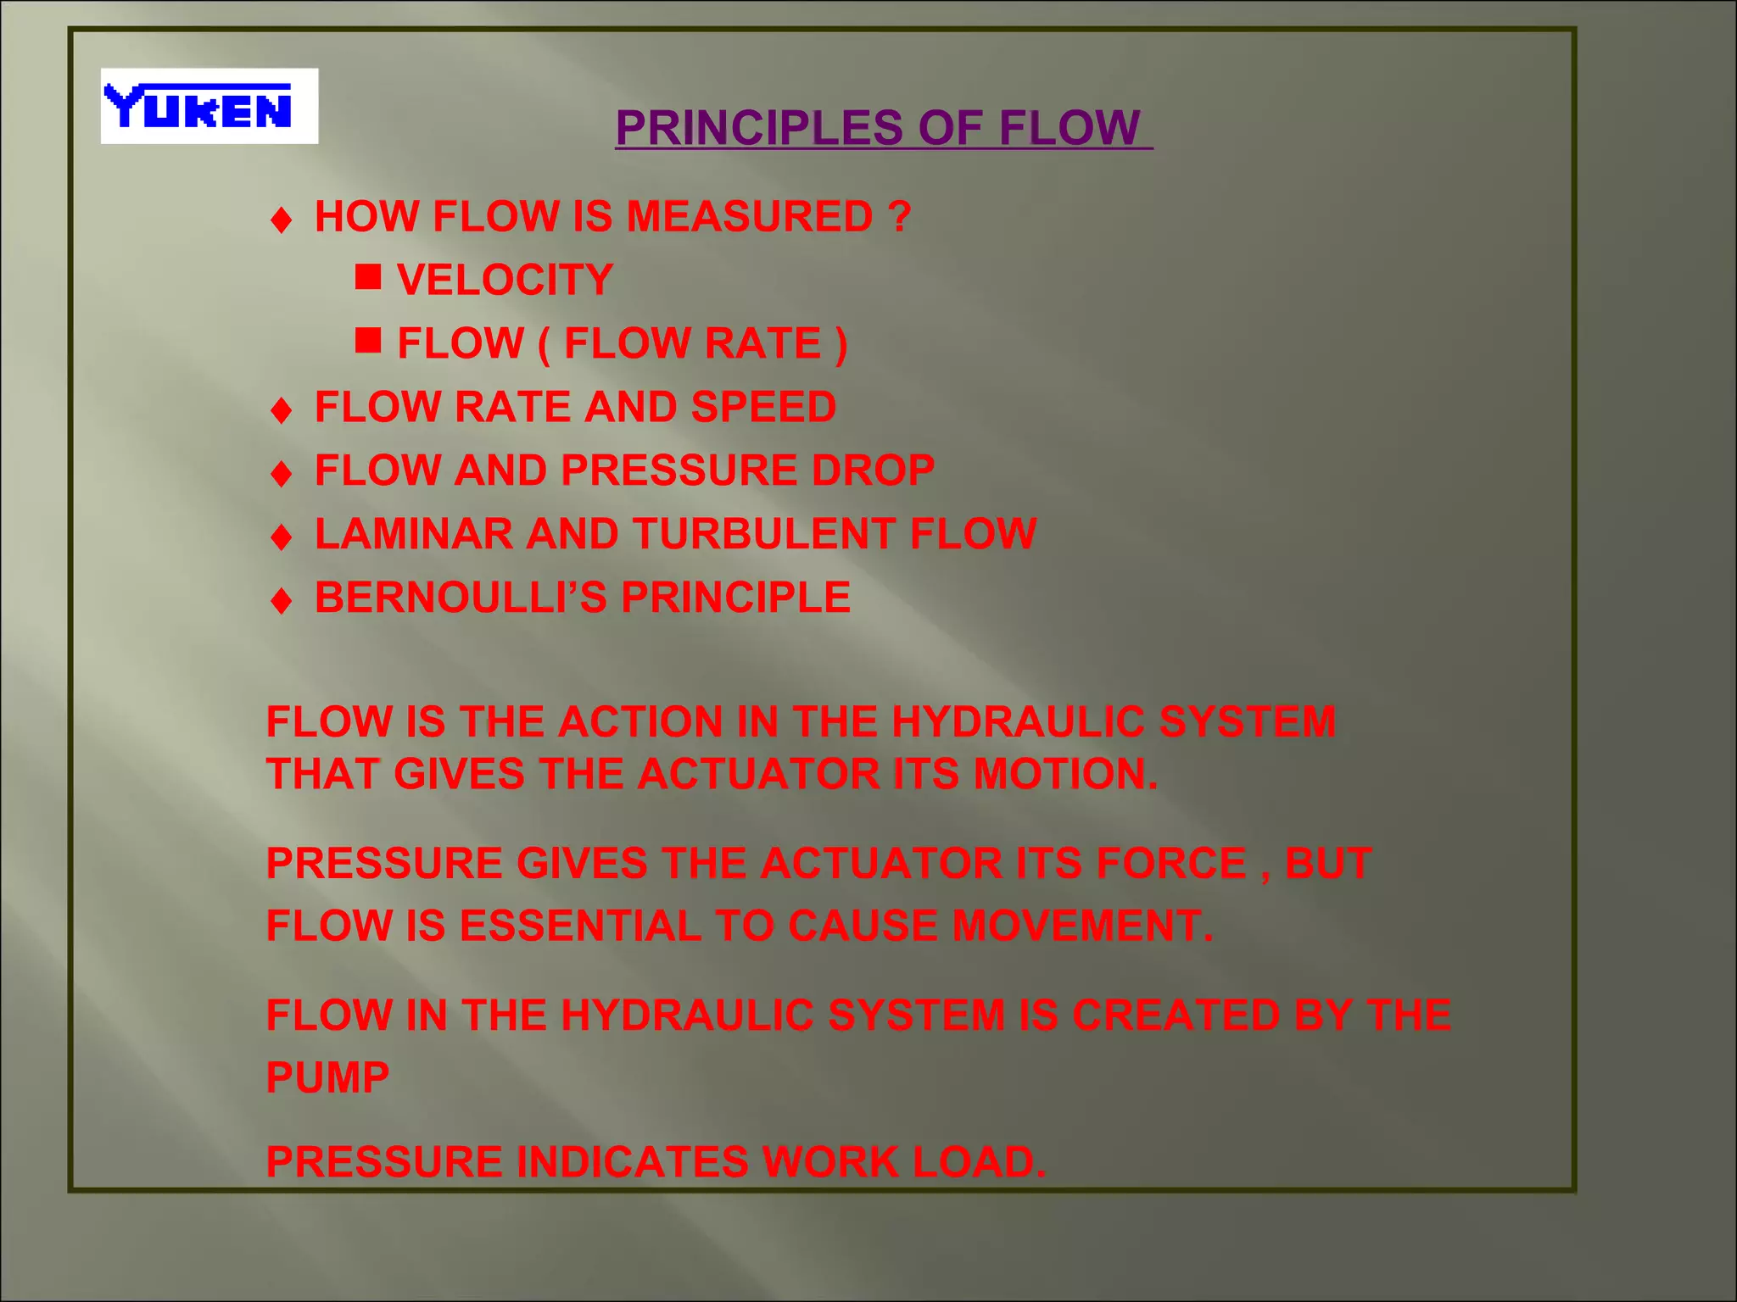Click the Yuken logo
pyautogui.click(x=209, y=106)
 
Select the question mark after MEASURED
pyautogui.click(x=900, y=216)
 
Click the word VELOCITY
pyautogui.click(x=505, y=280)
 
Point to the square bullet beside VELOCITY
pyautogui.click(x=367, y=277)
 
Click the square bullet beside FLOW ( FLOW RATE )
pyautogui.click(x=367, y=341)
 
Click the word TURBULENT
pyautogui.click(x=764, y=534)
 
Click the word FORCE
pyautogui.click(x=1170, y=864)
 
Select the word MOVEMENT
pyautogui.click(x=1082, y=926)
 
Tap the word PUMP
pyautogui.click(x=327, y=1078)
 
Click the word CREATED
pyautogui.click(x=1176, y=1015)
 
